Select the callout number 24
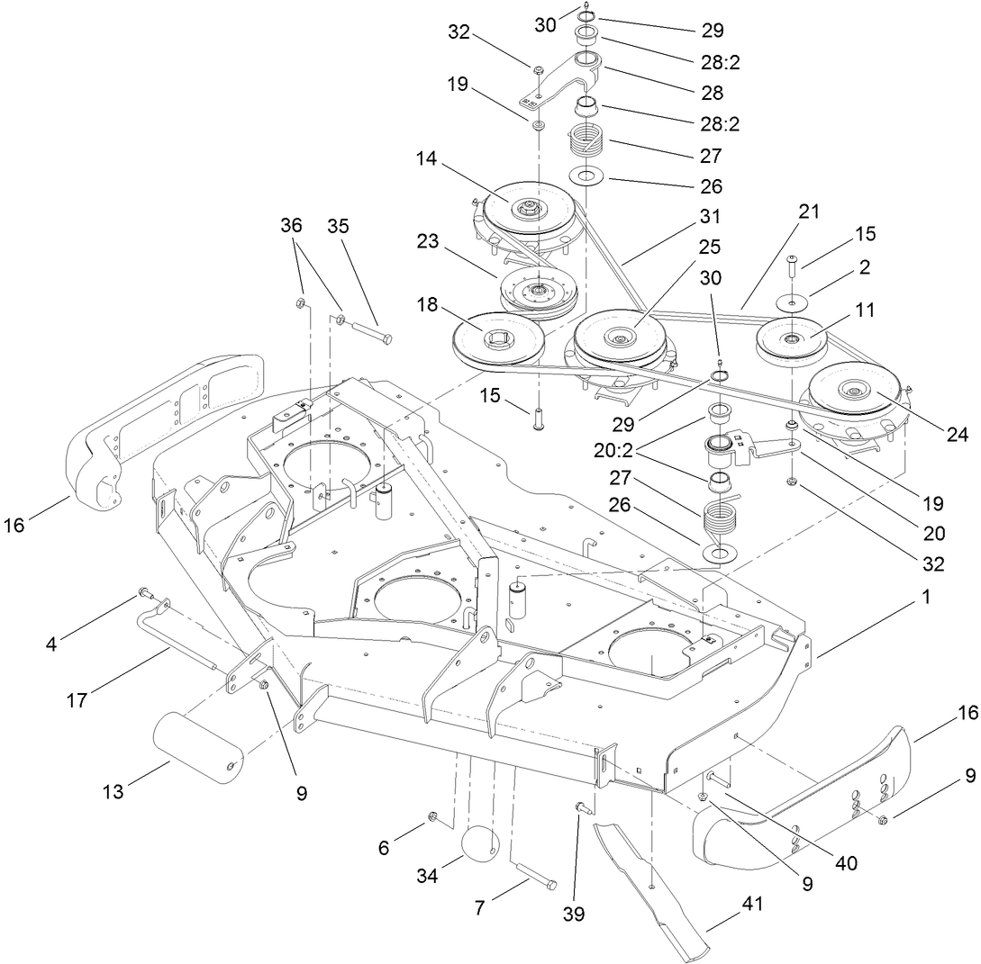956,436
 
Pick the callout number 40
846,862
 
